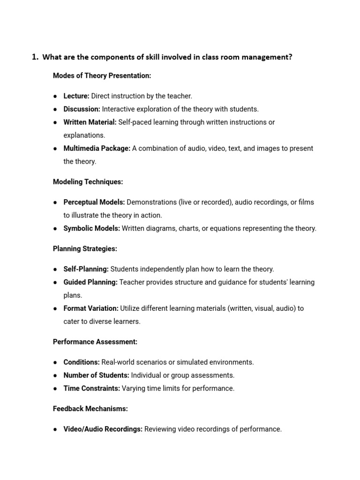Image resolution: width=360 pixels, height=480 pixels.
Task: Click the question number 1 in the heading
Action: pos(34,57)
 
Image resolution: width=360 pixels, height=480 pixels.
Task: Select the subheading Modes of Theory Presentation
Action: pos(102,75)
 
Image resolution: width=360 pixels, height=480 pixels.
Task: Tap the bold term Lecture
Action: pos(76,96)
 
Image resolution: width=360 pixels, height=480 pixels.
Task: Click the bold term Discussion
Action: pos(82,109)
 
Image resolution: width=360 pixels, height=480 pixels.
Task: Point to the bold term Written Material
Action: pos(90,122)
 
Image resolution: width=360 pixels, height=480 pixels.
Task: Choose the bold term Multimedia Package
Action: pos(97,149)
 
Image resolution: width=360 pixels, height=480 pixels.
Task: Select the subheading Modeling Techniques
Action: pos(88,182)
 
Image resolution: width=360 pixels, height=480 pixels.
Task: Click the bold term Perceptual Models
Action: pos(94,202)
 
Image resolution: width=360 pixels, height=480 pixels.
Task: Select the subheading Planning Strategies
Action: pos(85,249)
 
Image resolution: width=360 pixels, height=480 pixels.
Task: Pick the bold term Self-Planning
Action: pos(86,270)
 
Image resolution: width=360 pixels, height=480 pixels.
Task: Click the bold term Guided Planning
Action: pos(90,283)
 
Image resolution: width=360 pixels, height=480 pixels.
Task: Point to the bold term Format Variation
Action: pos(91,309)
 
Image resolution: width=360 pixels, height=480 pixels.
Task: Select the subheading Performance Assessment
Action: pos(95,342)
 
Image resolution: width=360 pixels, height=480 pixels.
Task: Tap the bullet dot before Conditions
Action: pos(55,363)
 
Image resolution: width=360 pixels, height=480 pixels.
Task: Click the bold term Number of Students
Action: pos(96,376)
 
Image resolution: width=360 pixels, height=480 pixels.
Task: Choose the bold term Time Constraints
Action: pos(91,389)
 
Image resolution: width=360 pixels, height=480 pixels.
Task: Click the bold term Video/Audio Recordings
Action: pos(103,429)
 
